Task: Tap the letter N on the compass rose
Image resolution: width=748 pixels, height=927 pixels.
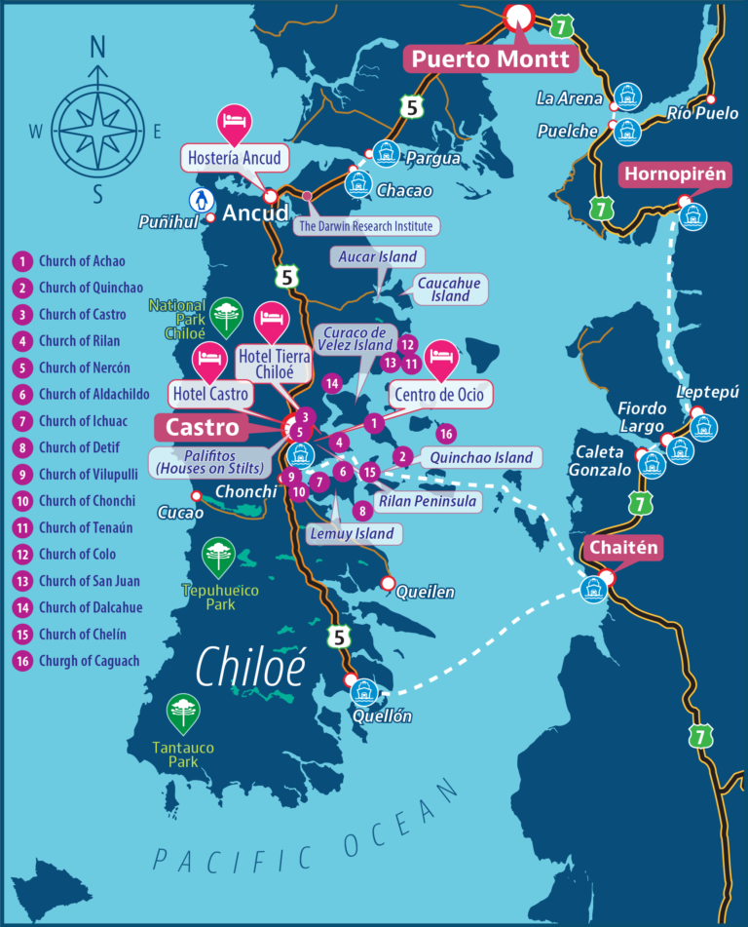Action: coord(97,46)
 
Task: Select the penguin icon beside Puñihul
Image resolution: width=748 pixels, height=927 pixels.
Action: coord(200,201)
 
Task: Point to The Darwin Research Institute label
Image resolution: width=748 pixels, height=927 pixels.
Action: coord(364,226)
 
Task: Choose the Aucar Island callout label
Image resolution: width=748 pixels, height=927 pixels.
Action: coord(377,257)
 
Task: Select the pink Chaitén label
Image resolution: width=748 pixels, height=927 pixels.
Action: coord(623,548)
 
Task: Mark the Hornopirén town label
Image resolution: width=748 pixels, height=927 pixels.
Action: coord(675,174)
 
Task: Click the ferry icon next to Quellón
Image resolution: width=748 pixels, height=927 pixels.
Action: coord(364,692)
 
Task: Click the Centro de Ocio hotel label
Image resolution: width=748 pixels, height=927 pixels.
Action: coord(439,395)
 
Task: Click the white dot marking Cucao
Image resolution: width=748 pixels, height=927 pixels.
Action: coord(197,496)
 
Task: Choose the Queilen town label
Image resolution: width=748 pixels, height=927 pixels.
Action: coord(425,591)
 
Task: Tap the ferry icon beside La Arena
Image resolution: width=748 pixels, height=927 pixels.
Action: coord(625,96)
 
